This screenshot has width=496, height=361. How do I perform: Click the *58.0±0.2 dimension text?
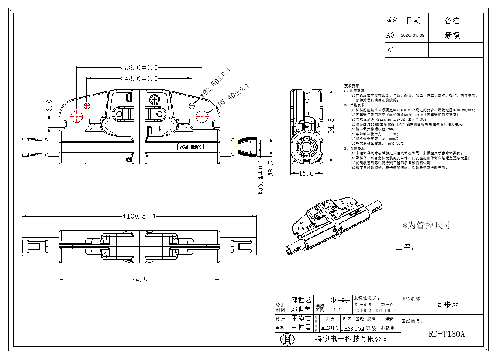click(139, 67)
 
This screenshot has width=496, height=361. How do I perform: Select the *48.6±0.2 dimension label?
click(139, 78)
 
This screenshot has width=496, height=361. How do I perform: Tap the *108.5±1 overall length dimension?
click(139, 216)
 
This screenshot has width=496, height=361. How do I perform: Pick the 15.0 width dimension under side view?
click(306, 174)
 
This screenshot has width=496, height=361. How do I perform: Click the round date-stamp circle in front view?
click(153, 99)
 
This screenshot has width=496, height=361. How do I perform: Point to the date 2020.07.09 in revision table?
click(412, 35)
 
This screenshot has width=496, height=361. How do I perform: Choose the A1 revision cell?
click(390, 50)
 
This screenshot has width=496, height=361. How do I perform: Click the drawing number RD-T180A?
click(447, 334)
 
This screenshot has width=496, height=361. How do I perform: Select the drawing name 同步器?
click(448, 305)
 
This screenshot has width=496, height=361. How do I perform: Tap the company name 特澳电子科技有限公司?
click(352, 339)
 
